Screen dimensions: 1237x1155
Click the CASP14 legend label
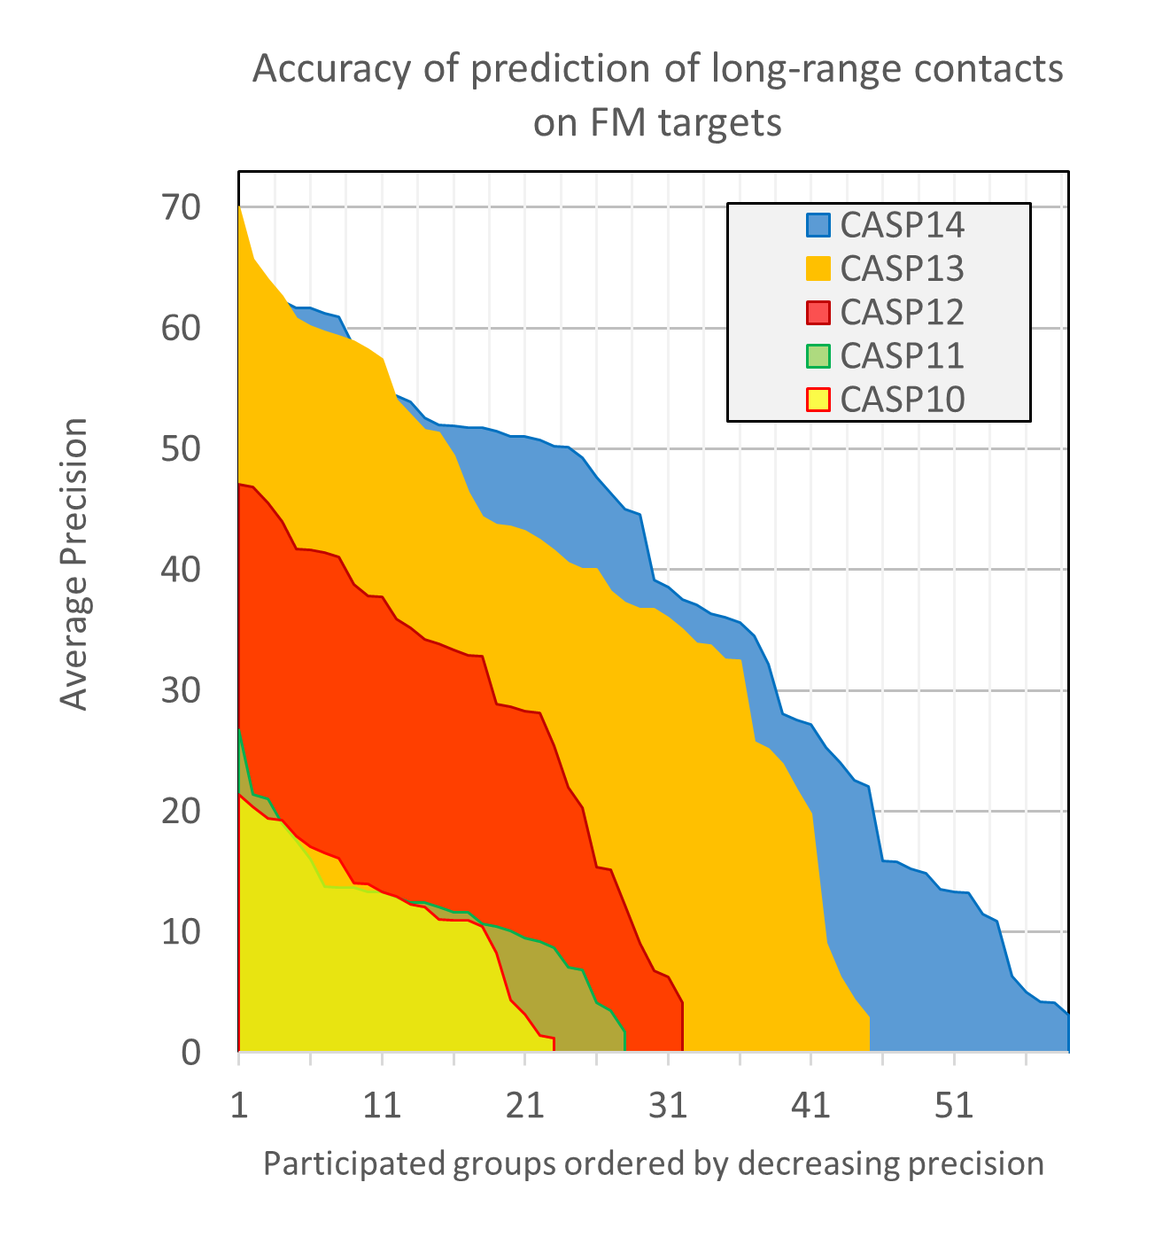[902, 225]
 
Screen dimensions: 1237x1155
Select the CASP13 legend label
[902, 268]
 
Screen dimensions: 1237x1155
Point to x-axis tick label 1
[239, 1106]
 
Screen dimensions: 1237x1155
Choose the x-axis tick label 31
[667, 1106]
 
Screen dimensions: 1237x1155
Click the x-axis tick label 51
[953, 1106]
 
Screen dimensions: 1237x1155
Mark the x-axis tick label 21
[524, 1106]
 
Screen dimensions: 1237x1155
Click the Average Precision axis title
[74, 564]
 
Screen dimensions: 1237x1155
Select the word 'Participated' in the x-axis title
[355, 1163]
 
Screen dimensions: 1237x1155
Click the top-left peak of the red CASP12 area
[240, 485]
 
